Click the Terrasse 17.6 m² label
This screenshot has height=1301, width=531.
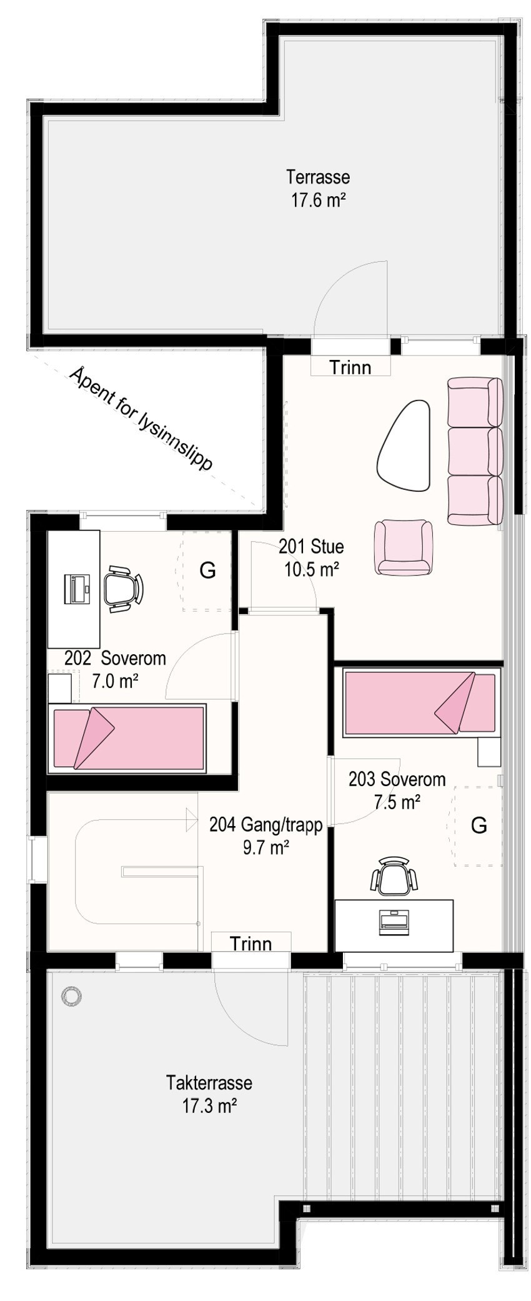[318, 188]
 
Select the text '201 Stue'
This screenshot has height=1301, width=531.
[311, 547]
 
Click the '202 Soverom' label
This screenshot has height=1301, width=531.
[116, 658]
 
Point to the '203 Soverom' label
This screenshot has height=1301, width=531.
[397, 779]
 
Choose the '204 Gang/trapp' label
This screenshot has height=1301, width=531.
[266, 825]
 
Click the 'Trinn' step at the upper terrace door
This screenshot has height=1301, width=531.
[350, 367]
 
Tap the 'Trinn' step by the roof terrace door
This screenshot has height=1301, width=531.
[251, 943]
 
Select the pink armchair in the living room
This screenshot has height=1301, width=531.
[404, 547]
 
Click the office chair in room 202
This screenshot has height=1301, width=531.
[122, 587]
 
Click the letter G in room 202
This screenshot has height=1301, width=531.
[207, 570]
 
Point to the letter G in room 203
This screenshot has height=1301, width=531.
[479, 825]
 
